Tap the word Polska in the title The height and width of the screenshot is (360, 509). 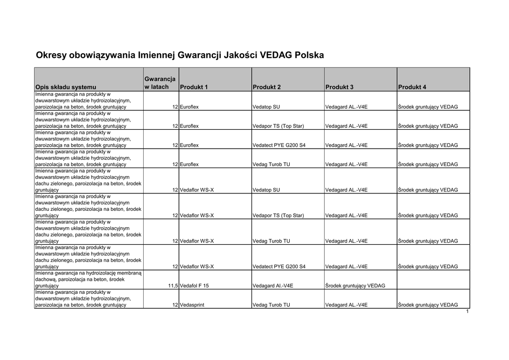[x=309, y=55]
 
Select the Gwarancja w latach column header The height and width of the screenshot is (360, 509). [x=160, y=83]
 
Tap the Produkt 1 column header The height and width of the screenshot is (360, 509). [x=194, y=87]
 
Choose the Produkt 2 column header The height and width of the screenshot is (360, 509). [x=267, y=87]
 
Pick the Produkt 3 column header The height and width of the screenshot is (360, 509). [x=339, y=87]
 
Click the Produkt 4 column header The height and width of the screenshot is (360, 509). [x=412, y=87]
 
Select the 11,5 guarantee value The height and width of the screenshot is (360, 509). [x=173, y=286]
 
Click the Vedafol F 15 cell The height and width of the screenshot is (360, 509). [x=194, y=286]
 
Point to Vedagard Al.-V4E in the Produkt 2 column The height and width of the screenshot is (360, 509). [x=273, y=286]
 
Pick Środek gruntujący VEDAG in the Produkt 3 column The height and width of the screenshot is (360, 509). [x=355, y=286]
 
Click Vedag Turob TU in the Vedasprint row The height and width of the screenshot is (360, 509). [x=271, y=305]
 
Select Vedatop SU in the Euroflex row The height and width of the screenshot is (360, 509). [x=266, y=107]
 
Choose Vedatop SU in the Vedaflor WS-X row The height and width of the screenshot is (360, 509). [x=266, y=190]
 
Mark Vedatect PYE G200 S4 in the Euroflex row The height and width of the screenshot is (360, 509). [x=279, y=145]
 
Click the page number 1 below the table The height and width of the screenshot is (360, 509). [x=468, y=311]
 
